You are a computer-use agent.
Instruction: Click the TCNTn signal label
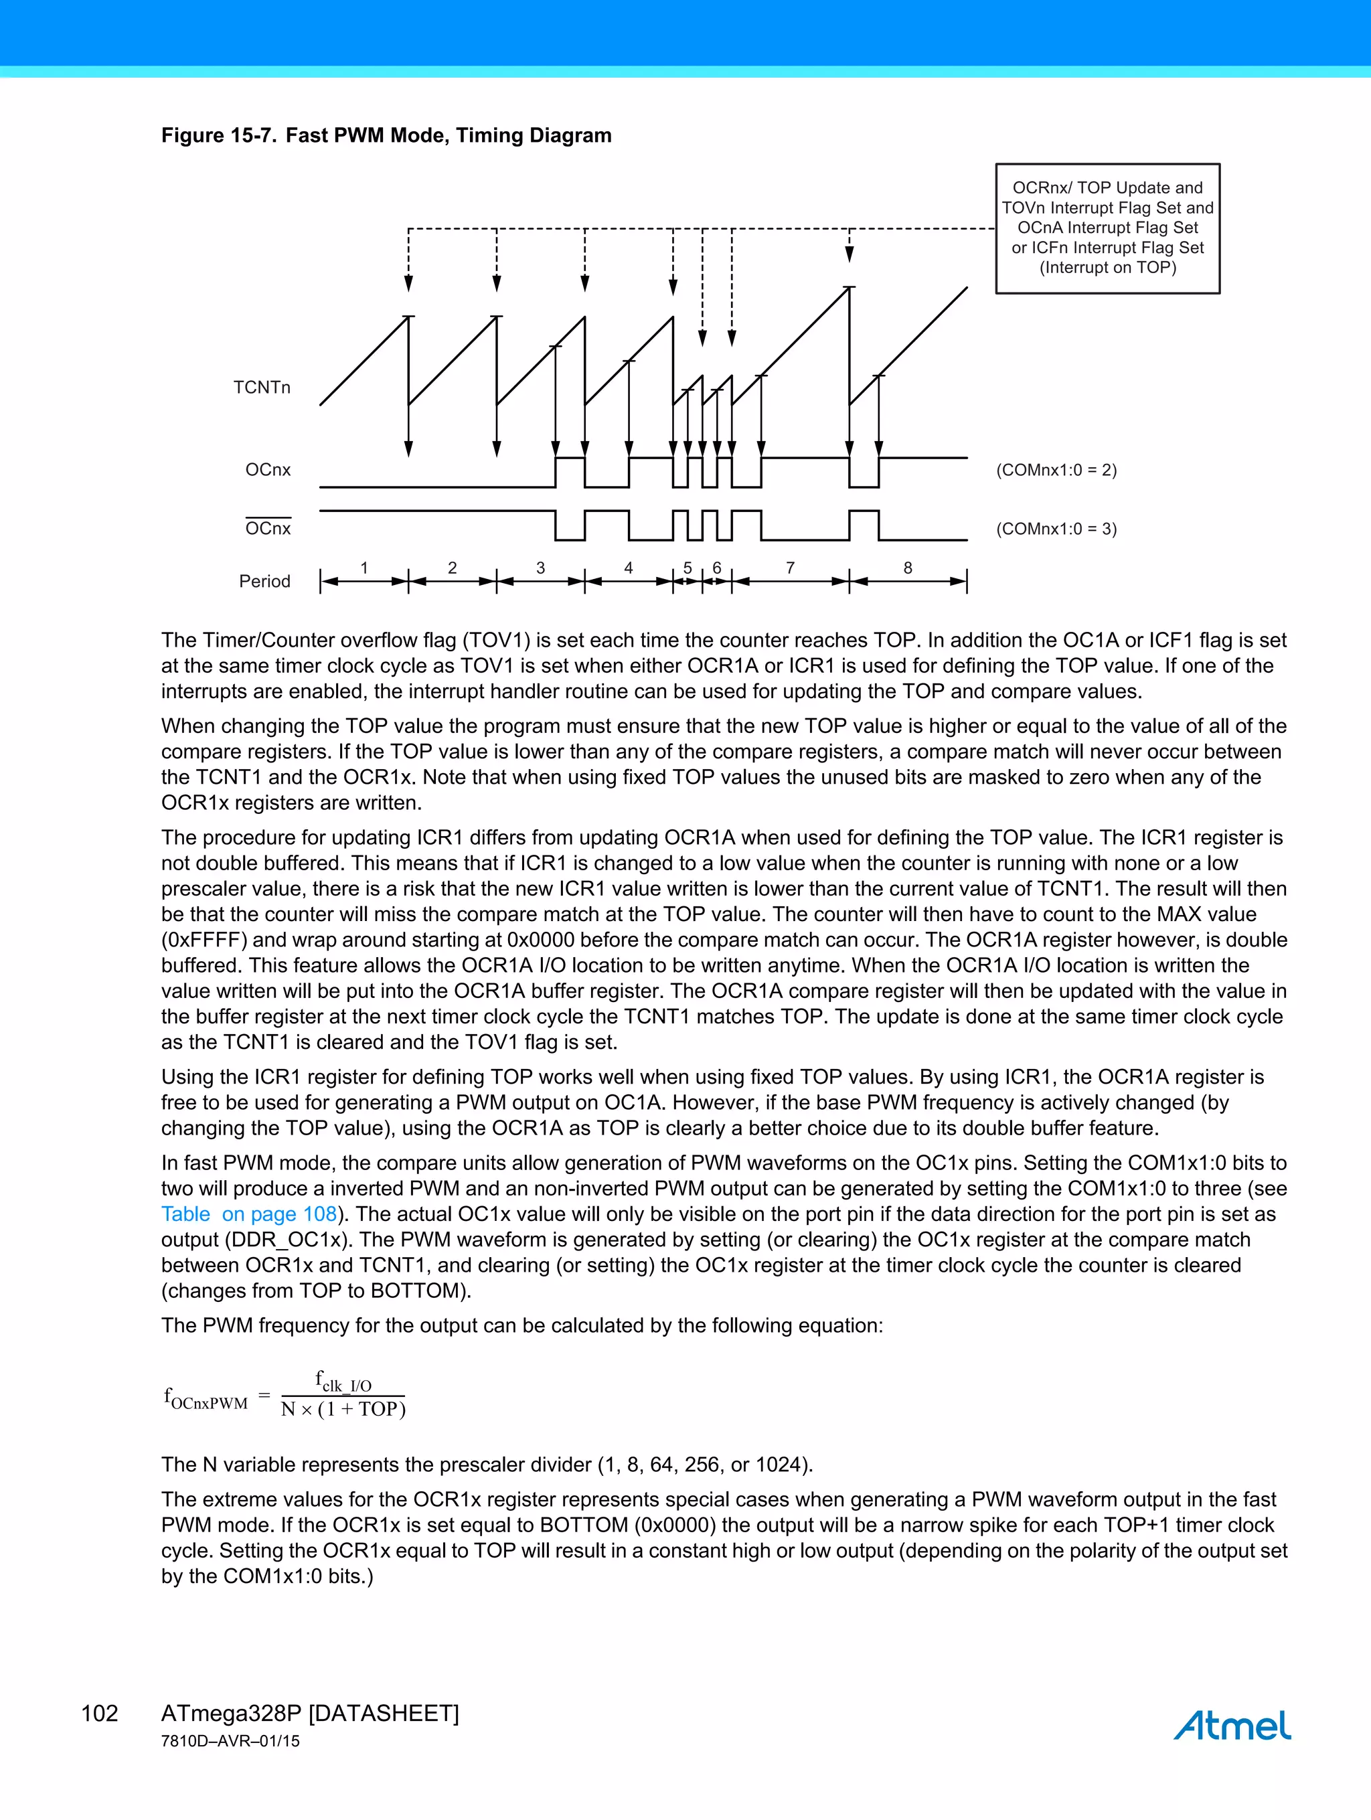(x=262, y=388)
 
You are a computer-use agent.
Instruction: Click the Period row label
(x=264, y=582)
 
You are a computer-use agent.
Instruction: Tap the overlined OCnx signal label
(x=268, y=528)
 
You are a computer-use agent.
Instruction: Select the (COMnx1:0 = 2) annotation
(x=1056, y=470)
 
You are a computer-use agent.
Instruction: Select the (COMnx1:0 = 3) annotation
(x=1056, y=529)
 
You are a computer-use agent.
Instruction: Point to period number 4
(x=628, y=568)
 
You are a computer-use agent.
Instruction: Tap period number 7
(x=790, y=568)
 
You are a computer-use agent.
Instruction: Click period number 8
(x=908, y=568)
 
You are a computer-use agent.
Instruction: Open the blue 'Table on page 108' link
(x=248, y=1214)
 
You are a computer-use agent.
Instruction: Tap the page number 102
(x=100, y=1714)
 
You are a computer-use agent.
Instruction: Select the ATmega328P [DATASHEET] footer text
(x=309, y=1714)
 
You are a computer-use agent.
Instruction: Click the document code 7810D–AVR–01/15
(x=230, y=1741)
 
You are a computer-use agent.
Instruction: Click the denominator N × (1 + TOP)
(x=343, y=1410)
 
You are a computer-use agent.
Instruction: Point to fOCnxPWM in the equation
(x=206, y=1399)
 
